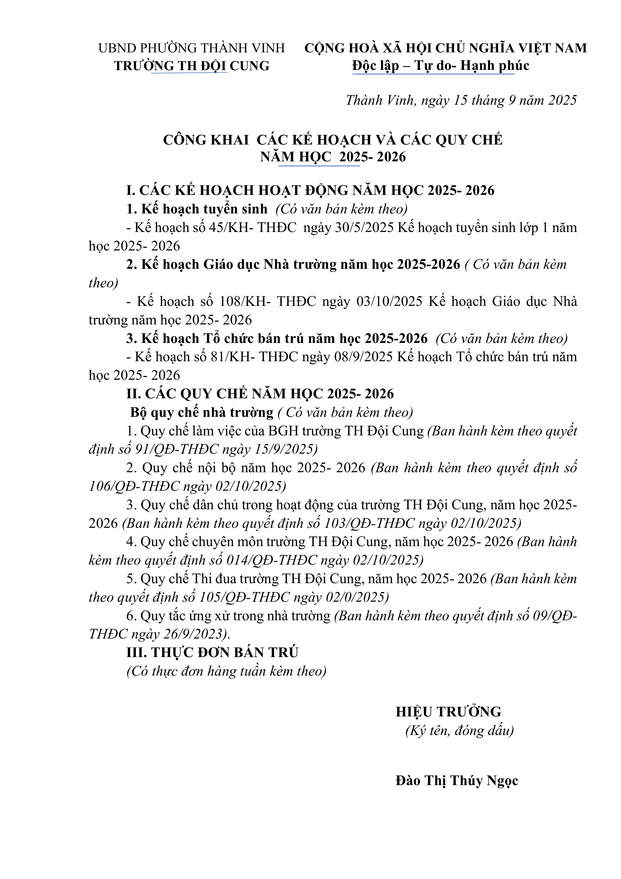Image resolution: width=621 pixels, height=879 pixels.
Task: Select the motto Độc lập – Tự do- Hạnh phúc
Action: tap(441, 66)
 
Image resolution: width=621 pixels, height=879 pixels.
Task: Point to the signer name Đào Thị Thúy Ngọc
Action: tap(457, 781)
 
